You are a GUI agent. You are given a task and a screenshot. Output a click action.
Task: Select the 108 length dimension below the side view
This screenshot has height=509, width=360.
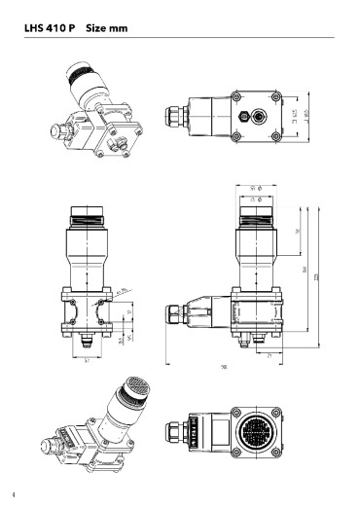pyautogui.click(x=225, y=367)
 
